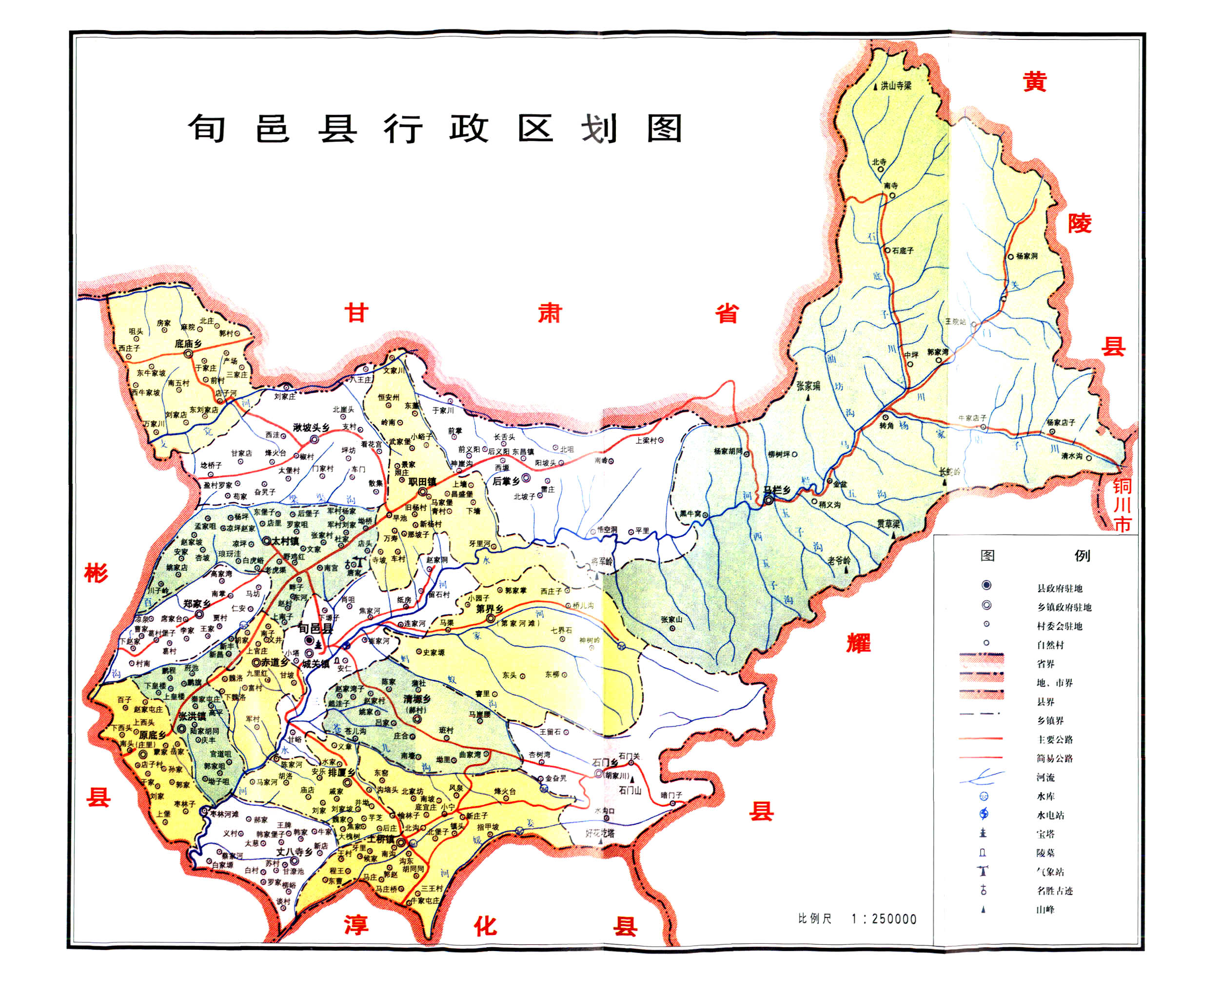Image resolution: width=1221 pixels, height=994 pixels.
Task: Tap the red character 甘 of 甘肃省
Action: pos(355,313)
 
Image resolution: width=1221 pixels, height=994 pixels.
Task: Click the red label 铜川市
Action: pos(1122,505)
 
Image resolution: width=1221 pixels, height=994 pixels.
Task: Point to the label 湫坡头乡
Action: pos(311,428)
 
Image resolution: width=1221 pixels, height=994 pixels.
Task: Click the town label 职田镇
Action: pos(422,481)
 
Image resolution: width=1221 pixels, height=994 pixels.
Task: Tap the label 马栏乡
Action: pos(776,490)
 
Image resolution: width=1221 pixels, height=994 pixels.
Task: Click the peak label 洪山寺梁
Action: pos(896,86)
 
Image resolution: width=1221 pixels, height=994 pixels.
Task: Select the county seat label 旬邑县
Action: pos(315,628)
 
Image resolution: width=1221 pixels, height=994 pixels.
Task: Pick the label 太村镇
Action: pos(285,540)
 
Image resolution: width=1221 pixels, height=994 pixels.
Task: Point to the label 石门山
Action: pos(630,790)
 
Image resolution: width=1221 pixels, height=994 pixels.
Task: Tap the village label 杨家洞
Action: pos(1026,256)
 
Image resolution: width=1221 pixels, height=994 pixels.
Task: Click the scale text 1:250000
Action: pos(884,919)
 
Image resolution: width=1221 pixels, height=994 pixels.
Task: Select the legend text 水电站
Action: pos(1050,815)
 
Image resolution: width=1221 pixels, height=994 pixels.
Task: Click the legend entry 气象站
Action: pos(1050,872)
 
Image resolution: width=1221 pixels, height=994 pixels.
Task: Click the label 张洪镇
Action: pos(192,716)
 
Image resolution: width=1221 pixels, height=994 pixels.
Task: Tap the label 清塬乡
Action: pos(416,699)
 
